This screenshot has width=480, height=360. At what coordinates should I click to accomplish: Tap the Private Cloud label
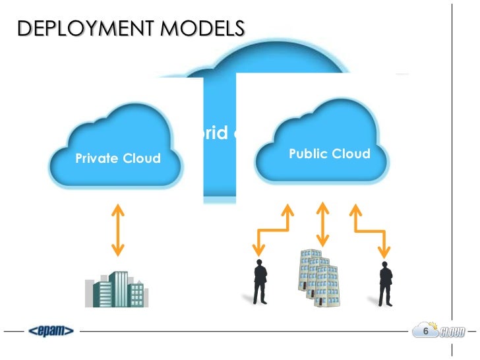click(118, 158)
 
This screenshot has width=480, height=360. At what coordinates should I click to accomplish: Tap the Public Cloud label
click(330, 154)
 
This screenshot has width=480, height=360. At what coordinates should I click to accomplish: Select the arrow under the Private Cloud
click(118, 229)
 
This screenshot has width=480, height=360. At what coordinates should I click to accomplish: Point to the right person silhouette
click(385, 283)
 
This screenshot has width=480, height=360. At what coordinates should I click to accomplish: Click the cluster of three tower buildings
click(320, 278)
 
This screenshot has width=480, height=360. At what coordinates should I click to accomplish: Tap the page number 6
click(425, 330)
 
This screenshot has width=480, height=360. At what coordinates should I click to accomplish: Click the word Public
click(308, 154)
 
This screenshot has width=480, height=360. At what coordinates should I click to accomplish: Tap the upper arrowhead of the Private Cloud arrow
click(118, 208)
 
